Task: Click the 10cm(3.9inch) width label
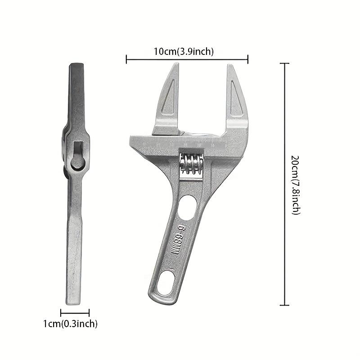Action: [184, 51]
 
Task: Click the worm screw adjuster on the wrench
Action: [190, 163]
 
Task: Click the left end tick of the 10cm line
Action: [126, 58]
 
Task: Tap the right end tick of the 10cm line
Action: [248, 58]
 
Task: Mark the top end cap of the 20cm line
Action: [284, 64]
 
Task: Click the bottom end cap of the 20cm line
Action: [284, 306]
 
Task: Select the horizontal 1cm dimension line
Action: [75, 313]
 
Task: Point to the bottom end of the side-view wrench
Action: [74, 302]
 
